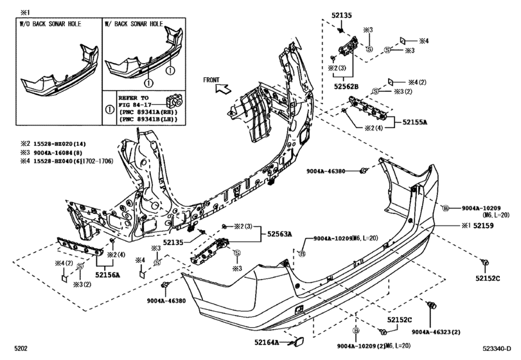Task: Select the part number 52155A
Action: pyautogui.click(x=416, y=121)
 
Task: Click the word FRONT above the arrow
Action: pyautogui.click(x=212, y=79)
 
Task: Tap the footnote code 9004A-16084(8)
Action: pyautogui.click(x=50, y=154)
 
